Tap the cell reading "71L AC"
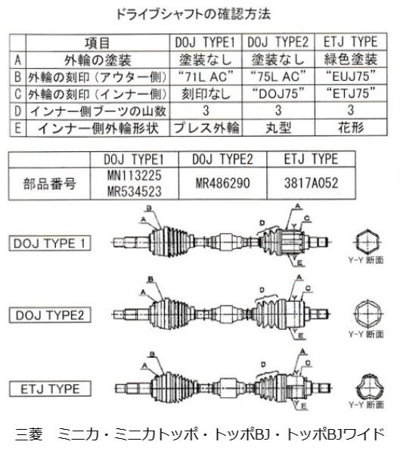click(x=206, y=76)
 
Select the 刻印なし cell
click(x=206, y=93)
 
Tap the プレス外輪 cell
click(x=206, y=126)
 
